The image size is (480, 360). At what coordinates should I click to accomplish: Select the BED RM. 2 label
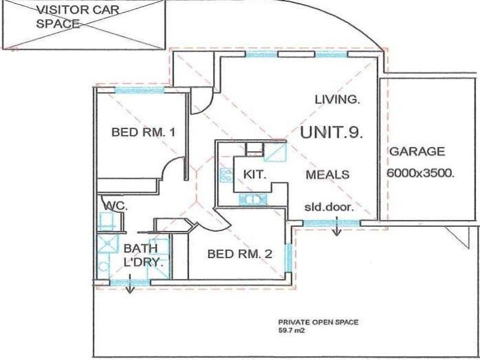click(239, 254)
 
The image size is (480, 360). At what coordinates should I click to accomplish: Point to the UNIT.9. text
click(332, 133)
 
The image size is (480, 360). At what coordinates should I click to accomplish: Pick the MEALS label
click(328, 175)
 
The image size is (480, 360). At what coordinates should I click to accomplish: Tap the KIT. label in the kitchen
click(254, 175)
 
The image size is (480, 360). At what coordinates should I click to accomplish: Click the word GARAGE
click(417, 152)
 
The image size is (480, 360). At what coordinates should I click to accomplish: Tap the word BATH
click(140, 248)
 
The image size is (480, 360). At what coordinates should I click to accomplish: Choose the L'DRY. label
click(143, 263)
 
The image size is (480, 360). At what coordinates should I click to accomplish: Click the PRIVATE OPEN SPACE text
click(317, 322)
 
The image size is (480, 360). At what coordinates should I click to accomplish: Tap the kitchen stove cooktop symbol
click(226, 175)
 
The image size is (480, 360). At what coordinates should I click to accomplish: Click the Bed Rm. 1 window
click(139, 90)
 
